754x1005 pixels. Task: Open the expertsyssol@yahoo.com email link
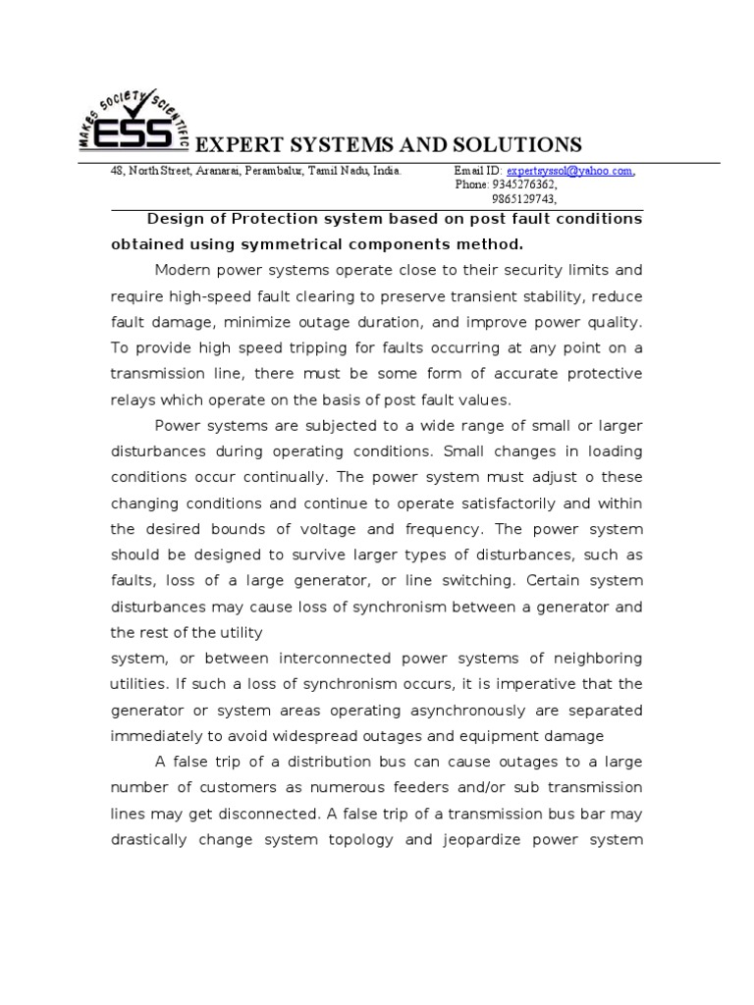click(x=569, y=171)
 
